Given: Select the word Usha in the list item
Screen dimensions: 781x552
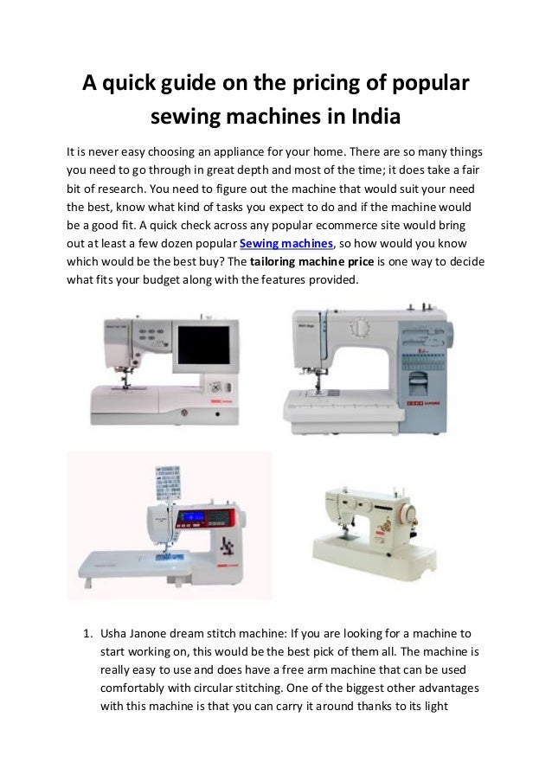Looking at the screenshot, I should pyautogui.click(x=115, y=657).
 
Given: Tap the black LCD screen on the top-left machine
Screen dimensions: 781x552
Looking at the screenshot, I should pyautogui.click(x=204, y=345).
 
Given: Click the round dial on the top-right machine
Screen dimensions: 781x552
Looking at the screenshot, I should pyautogui.click(x=358, y=329).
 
